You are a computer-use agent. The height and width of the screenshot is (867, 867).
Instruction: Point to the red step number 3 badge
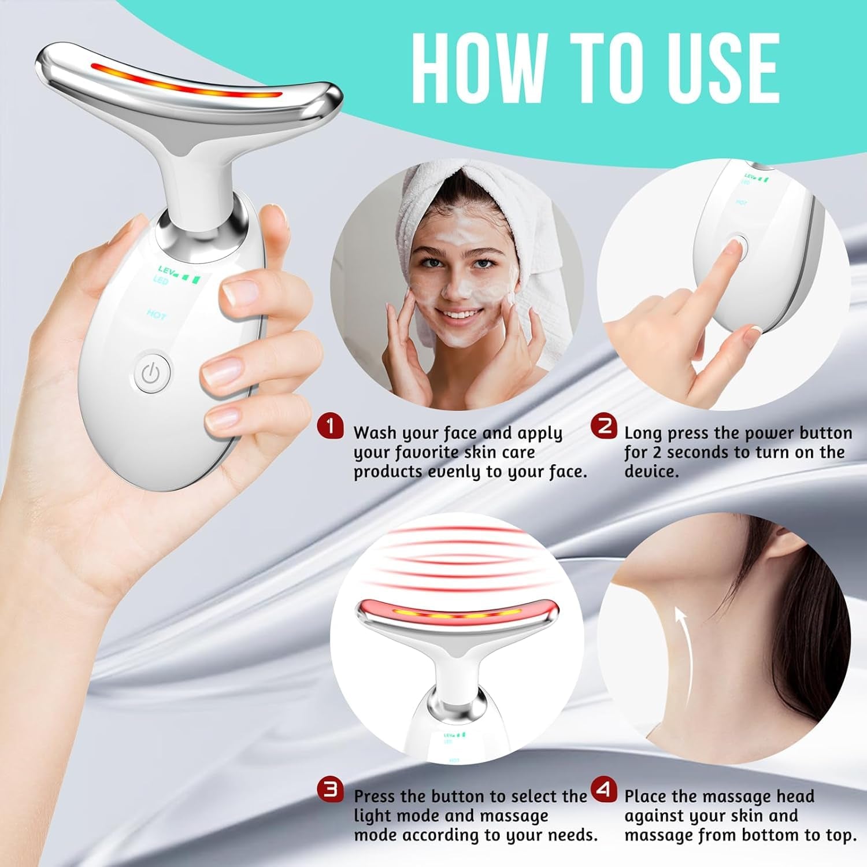pos(330,789)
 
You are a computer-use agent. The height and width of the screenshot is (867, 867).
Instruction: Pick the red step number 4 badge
pos(604,789)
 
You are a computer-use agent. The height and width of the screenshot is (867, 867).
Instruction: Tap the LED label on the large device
pos(160,281)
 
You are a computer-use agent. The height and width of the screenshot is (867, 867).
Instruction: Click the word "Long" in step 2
pos(643,433)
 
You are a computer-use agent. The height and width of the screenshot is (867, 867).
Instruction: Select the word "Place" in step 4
pos(646,796)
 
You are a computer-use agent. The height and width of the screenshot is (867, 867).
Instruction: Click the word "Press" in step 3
pos(375,796)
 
